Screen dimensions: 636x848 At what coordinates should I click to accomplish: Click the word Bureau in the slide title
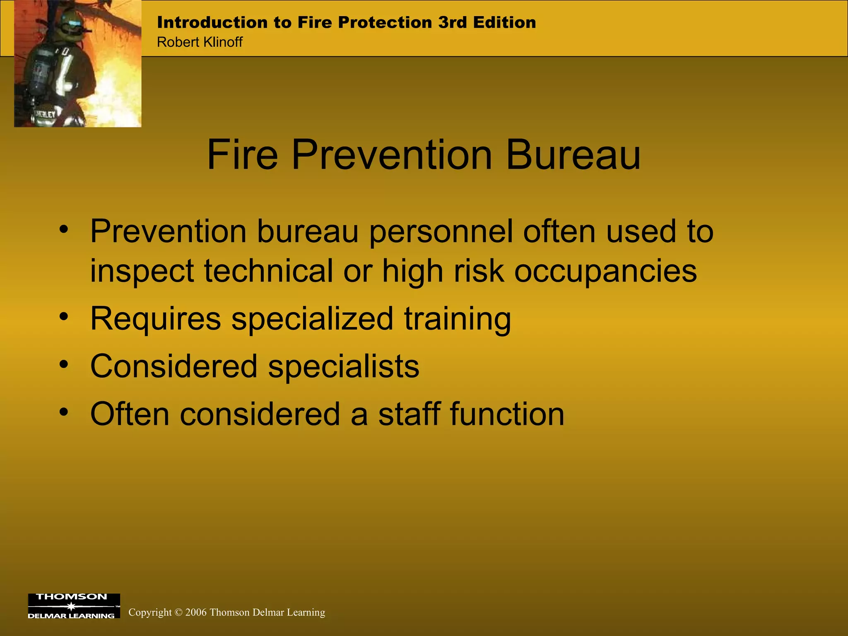[573, 155]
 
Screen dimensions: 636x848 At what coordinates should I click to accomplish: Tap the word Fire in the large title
[242, 155]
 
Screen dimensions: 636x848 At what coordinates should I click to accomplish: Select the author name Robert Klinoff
[200, 42]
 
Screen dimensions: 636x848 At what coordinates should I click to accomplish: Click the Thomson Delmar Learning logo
[74, 606]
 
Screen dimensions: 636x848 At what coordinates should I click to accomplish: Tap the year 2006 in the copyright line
[196, 612]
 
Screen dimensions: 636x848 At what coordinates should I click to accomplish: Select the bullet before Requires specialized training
[63, 317]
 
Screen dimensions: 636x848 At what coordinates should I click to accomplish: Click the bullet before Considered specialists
[63, 364]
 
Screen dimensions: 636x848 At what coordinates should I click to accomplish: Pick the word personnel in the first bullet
[441, 232]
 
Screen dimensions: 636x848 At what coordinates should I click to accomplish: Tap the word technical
[268, 271]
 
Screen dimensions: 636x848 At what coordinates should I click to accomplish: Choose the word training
[458, 320]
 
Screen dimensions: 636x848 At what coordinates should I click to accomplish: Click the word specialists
[343, 367]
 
